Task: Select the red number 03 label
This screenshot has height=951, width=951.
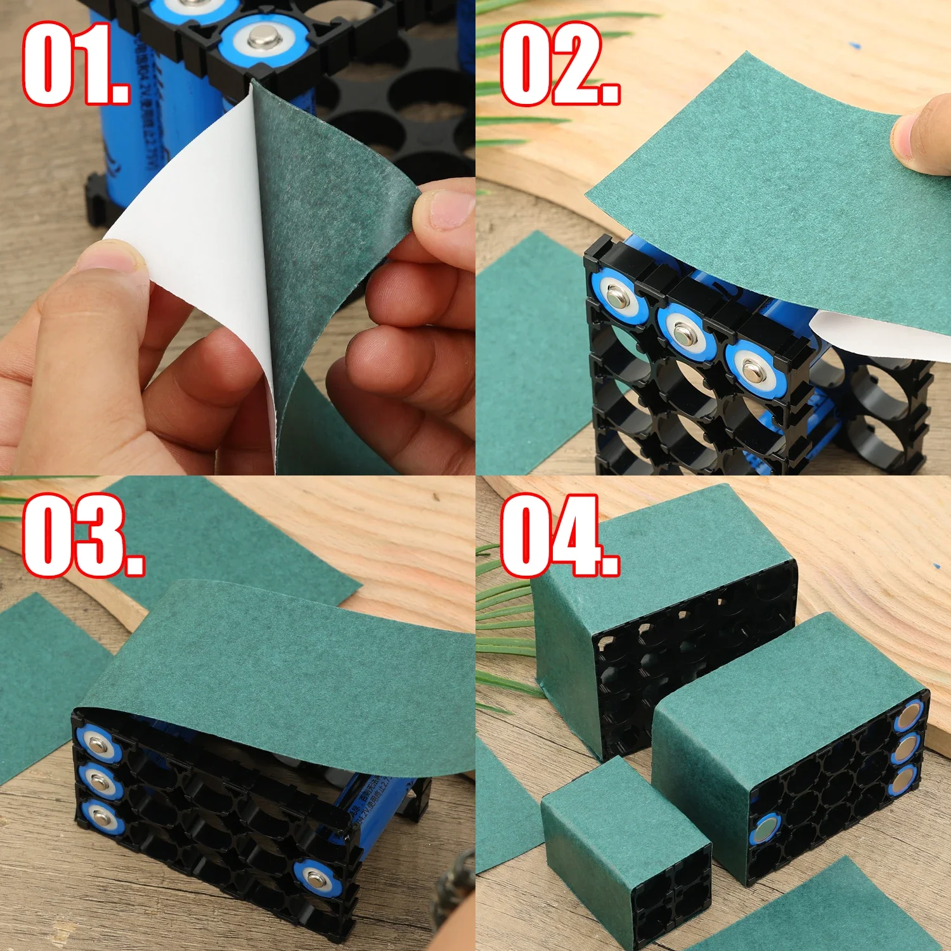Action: [x=82, y=536]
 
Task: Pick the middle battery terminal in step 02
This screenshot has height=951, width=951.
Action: [x=686, y=331]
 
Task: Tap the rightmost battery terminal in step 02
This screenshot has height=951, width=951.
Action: [x=754, y=368]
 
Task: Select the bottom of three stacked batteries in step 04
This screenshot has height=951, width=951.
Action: [x=903, y=780]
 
